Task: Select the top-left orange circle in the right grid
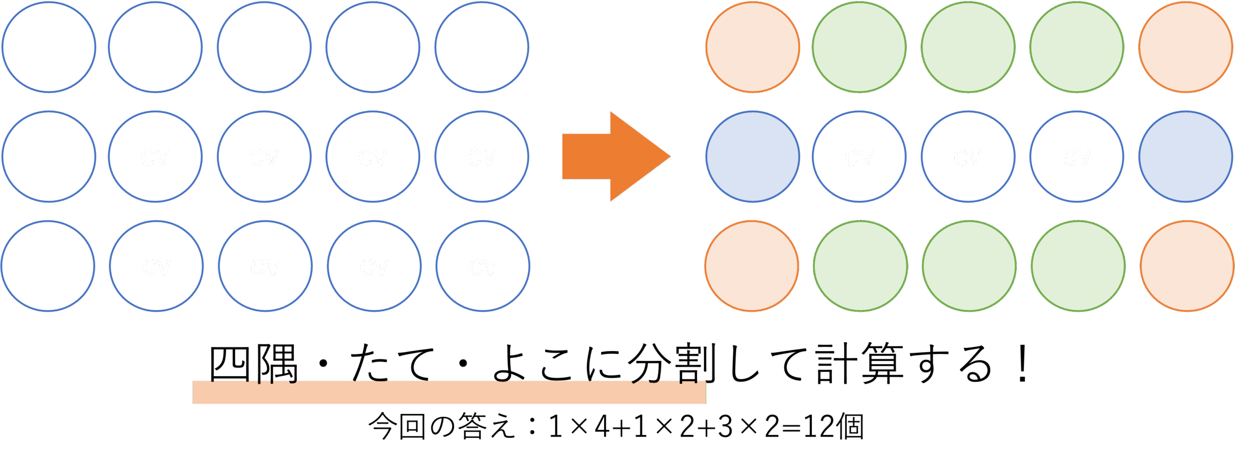(752, 47)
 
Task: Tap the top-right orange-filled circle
(1185, 47)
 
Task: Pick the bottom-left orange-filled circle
(752, 266)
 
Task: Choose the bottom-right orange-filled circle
(1187, 266)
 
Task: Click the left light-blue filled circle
(753, 156)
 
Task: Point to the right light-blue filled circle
(1185, 156)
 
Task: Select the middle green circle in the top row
(968, 47)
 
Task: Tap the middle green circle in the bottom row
(969, 266)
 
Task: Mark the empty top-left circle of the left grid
(49, 47)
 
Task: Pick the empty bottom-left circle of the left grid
(48, 266)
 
